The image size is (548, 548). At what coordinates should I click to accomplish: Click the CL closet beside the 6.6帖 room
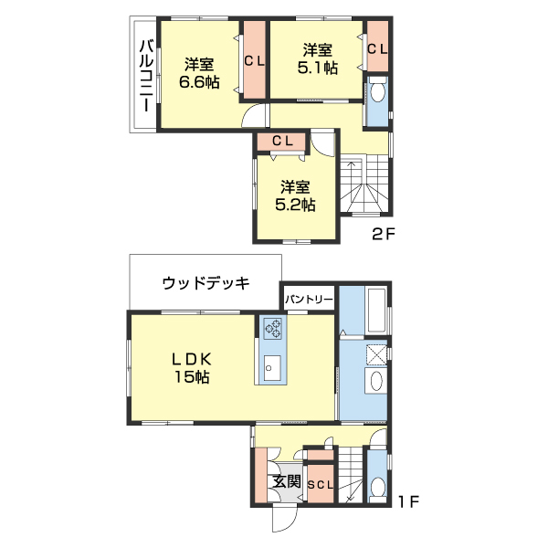pyautogui.click(x=254, y=62)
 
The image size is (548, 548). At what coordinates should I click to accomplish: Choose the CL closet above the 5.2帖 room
pyautogui.click(x=281, y=141)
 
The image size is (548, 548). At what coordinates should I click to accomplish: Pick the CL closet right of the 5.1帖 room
pyautogui.click(x=376, y=49)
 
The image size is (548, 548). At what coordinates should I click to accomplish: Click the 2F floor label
pyautogui.click(x=383, y=235)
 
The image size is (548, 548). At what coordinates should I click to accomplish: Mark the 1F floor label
pyautogui.click(x=407, y=501)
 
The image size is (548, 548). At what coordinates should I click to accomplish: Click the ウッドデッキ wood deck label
pyautogui.click(x=205, y=283)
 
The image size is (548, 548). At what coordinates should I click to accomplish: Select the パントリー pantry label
pyautogui.click(x=308, y=299)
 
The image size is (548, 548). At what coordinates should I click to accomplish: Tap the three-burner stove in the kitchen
pyautogui.click(x=273, y=327)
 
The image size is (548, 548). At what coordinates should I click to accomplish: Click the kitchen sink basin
pyautogui.click(x=271, y=368)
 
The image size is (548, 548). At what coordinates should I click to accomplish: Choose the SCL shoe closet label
pyautogui.click(x=320, y=484)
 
